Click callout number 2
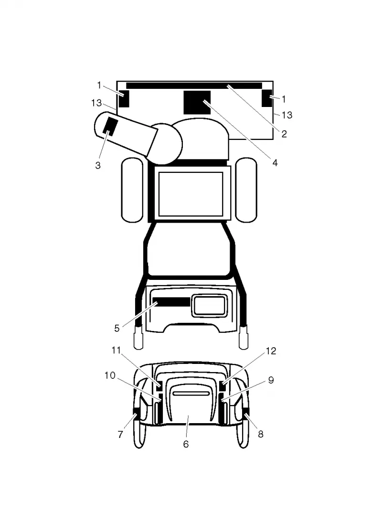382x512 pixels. point(284,134)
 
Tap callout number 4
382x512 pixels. point(275,162)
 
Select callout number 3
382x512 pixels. point(98,166)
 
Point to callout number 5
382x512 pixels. point(117,329)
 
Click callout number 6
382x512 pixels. point(186,444)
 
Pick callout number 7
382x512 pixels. point(120,435)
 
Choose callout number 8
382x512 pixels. point(261,434)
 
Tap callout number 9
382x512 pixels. point(271,380)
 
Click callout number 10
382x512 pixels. point(110,375)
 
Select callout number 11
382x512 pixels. point(116,351)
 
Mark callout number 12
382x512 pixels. point(271,351)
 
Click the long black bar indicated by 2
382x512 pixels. point(194,86)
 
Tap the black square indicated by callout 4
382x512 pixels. point(197,103)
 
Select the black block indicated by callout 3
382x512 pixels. point(110,127)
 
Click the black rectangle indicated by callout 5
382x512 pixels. point(171,302)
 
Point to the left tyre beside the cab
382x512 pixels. point(132,190)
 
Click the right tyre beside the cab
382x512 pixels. point(246,190)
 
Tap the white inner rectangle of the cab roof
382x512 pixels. point(191,194)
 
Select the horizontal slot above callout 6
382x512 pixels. point(191,394)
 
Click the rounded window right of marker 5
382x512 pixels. point(209,306)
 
